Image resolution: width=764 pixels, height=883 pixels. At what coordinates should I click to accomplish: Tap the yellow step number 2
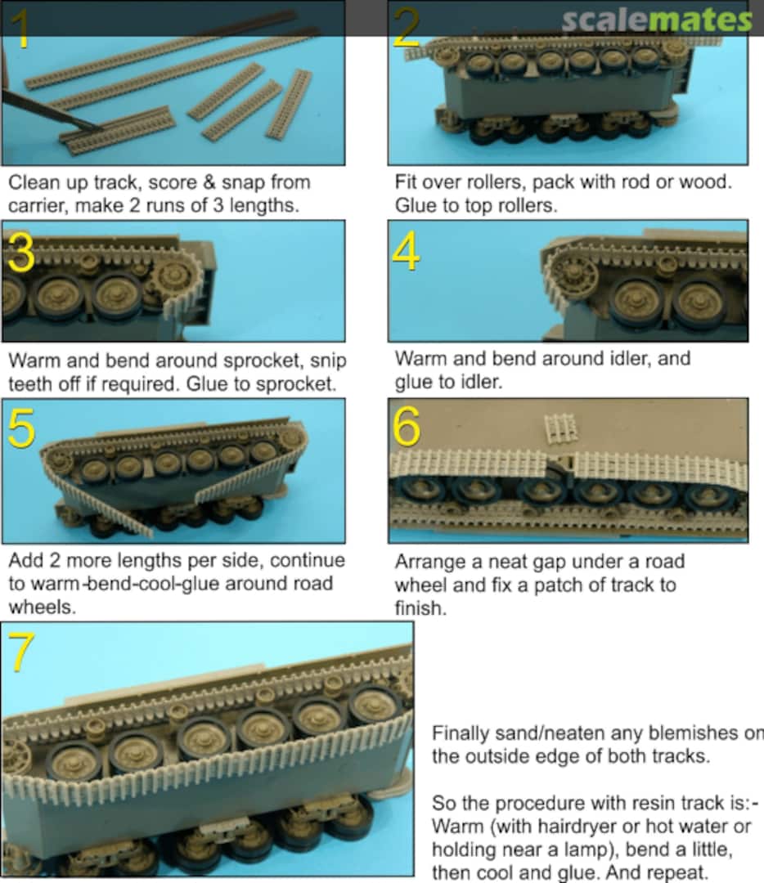[x=407, y=28]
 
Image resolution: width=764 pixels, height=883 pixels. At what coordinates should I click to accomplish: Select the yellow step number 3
[x=20, y=253]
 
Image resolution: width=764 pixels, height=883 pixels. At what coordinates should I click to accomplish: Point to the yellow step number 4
[x=406, y=251]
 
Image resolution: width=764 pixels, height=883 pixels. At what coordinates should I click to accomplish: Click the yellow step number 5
[x=21, y=428]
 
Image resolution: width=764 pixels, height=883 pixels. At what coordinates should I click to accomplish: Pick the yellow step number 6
[x=407, y=426]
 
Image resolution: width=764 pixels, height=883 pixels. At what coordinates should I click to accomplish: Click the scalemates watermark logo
[x=656, y=20]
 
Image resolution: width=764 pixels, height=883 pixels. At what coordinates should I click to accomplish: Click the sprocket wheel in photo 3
[x=176, y=278]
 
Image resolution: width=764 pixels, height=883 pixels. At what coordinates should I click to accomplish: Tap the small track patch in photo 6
[x=560, y=428]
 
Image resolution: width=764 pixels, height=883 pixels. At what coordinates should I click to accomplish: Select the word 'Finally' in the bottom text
[x=460, y=733]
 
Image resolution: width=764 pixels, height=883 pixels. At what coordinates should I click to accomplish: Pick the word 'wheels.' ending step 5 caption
[x=43, y=607]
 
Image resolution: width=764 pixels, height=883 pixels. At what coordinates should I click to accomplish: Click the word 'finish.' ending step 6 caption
[x=420, y=608]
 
